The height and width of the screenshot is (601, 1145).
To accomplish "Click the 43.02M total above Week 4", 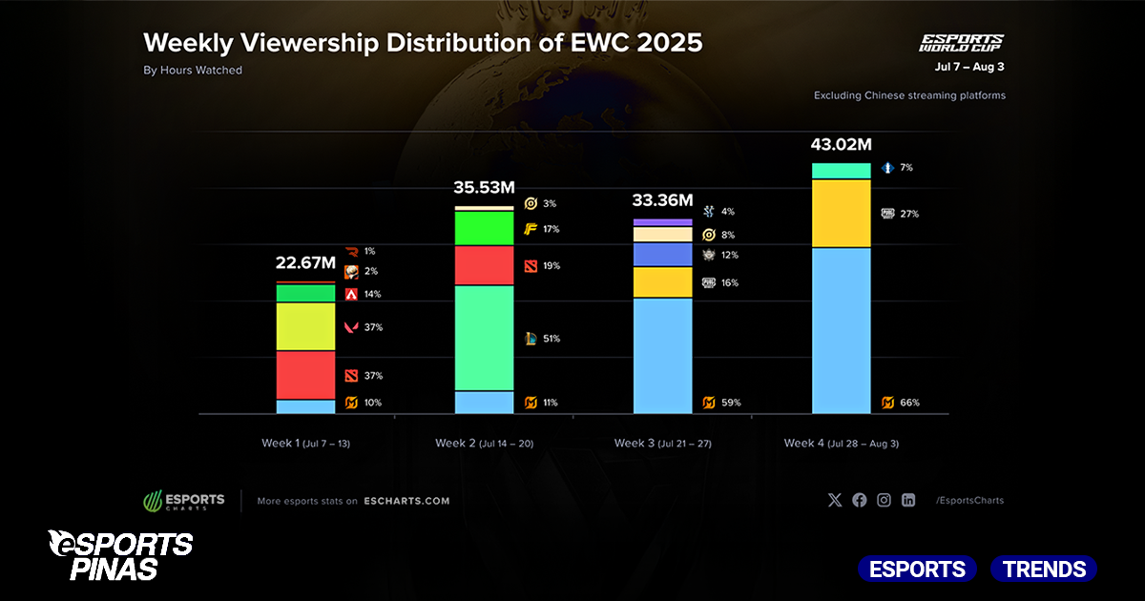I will click(841, 145).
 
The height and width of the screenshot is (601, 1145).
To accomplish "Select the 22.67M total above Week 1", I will click(305, 263).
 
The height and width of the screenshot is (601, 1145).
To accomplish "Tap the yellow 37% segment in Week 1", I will click(305, 326).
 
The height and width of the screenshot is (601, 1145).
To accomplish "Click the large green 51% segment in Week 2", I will click(484, 338).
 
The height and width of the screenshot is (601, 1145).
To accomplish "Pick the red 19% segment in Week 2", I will click(484, 265).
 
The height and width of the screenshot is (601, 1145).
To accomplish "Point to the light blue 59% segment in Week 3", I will click(662, 356).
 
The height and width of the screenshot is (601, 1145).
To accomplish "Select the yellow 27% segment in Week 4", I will click(841, 214).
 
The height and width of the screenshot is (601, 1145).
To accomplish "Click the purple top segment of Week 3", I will click(662, 222).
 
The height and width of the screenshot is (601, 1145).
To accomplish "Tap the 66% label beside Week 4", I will click(909, 403).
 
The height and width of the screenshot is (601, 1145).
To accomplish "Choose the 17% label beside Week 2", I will click(550, 229).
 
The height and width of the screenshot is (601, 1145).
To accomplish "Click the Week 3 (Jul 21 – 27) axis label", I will click(662, 444).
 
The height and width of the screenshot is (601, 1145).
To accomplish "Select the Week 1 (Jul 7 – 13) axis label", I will click(305, 444).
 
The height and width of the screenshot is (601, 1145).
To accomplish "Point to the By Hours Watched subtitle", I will click(193, 70).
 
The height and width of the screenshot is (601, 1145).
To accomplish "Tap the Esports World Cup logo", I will click(961, 43).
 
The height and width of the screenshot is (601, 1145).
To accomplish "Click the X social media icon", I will click(835, 500).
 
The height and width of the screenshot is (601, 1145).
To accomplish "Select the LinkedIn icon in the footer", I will click(908, 500).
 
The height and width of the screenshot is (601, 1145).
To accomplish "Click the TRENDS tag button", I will click(1043, 570).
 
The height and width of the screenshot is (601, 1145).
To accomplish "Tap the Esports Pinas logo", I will click(120, 555).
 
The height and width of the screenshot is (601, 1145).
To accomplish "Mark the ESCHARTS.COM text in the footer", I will click(406, 501).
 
